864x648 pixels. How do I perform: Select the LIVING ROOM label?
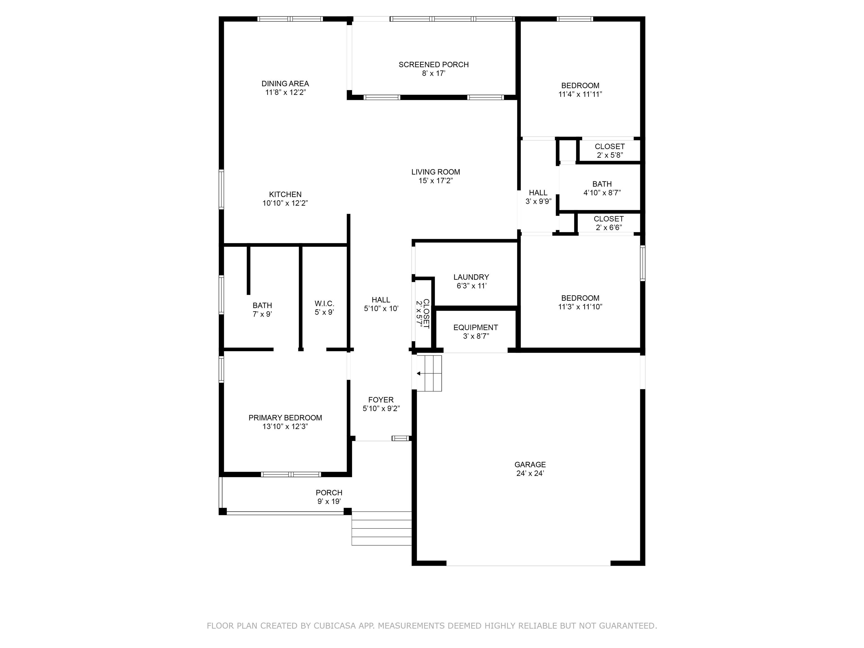point(435,172)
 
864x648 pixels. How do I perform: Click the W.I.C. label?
point(324,303)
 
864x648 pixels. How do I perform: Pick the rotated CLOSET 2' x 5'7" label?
point(423,313)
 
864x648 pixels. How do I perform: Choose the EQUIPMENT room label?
point(475,327)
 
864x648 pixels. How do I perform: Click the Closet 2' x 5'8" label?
point(609,150)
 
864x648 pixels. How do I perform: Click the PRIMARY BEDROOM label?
point(285,418)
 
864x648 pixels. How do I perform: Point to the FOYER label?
point(381,400)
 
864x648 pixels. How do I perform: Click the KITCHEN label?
point(285,194)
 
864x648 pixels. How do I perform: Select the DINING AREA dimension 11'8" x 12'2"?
point(285,93)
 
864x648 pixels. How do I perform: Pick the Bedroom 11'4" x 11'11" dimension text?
point(580,94)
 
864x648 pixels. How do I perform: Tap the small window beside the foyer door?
point(400,438)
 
